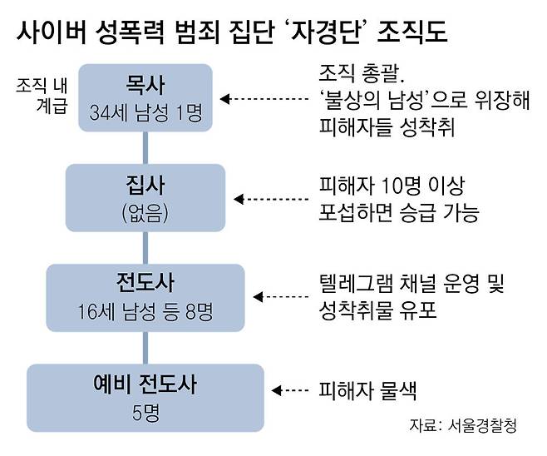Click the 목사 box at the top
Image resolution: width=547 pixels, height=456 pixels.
point(145,98)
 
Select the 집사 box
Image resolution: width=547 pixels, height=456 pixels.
point(145,197)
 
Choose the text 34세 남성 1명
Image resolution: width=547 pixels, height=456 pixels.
point(145,112)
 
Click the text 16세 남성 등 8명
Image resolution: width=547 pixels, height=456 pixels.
point(145,311)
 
